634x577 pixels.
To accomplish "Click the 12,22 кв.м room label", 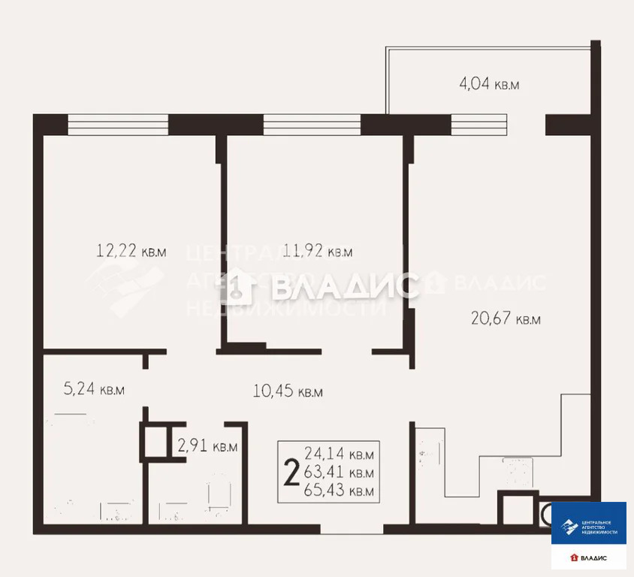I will (131, 251).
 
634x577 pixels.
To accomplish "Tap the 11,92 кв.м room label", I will (318, 251).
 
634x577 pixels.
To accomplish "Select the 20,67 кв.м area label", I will (506, 319).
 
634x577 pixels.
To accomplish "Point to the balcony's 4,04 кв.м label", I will (489, 83).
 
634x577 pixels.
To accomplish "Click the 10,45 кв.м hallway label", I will (288, 391).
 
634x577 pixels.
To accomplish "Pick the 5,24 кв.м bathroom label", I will (92, 389).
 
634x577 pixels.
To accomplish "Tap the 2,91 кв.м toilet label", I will (207, 446).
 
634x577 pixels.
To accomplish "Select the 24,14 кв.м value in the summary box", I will (339, 454).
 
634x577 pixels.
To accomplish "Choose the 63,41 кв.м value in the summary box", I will (339, 473).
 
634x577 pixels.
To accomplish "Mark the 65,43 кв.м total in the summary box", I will (339, 491).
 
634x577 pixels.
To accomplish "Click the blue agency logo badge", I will (589, 523).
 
